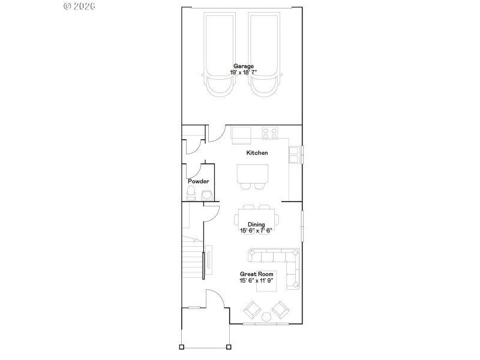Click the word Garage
(244, 66)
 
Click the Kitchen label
(257, 153)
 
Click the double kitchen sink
(295, 154)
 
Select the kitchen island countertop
(252, 173)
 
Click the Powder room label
(198, 181)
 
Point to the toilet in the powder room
(191, 193)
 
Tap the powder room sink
(206, 194)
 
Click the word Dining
(256, 224)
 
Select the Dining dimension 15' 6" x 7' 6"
(256, 230)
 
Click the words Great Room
(256, 274)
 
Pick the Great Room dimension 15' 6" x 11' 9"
(256, 280)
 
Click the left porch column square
(182, 347)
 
